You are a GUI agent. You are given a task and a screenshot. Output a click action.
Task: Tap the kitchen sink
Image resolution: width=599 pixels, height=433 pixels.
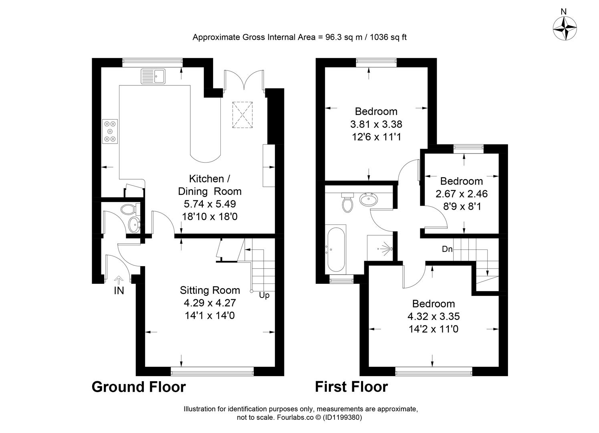pyautogui.click(x=153, y=76)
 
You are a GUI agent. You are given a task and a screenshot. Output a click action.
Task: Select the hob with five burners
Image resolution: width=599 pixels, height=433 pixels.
pyautogui.click(x=110, y=131)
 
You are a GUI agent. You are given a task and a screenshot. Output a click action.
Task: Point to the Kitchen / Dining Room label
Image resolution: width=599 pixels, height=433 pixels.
pyautogui.click(x=210, y=185)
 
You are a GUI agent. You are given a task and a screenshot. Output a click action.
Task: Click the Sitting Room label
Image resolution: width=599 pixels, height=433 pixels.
pyautogui.click(x=210, y=290)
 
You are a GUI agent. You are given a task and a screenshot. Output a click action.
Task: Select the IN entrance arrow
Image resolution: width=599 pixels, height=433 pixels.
pyautogui.click(x=119, y=280)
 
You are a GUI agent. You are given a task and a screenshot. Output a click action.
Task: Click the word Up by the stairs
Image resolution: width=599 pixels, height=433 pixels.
pyautogui.click(x=264, y=295)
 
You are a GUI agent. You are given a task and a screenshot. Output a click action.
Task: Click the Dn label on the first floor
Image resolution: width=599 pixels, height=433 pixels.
pyautogui.click(x=447, y=249)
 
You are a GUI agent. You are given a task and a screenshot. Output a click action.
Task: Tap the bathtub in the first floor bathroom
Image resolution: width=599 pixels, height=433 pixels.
pyautogui.click(x=335, y=250)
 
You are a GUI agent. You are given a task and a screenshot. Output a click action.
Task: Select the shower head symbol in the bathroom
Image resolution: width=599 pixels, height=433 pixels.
pyautogui.click(x=385, y=249)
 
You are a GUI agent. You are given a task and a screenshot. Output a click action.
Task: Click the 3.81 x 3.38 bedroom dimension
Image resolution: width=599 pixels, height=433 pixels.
pyautogui.click(x=376, y=124)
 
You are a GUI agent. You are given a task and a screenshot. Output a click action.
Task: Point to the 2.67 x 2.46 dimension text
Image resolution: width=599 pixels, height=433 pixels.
pyautogui.click(x=462, y=194)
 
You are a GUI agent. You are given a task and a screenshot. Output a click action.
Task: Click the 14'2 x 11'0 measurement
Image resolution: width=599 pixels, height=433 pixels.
pyautogui.click(x=434, y=329)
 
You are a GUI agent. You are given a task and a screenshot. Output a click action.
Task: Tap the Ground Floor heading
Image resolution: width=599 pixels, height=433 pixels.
pyautogui.click(x=139, y=387)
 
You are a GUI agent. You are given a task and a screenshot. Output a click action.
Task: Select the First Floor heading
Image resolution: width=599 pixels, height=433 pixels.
pyautogui.click(x=351, y=387)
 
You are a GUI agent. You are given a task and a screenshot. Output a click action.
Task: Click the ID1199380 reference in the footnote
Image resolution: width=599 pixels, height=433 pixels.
pyautogui.click(x=342, y=417)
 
